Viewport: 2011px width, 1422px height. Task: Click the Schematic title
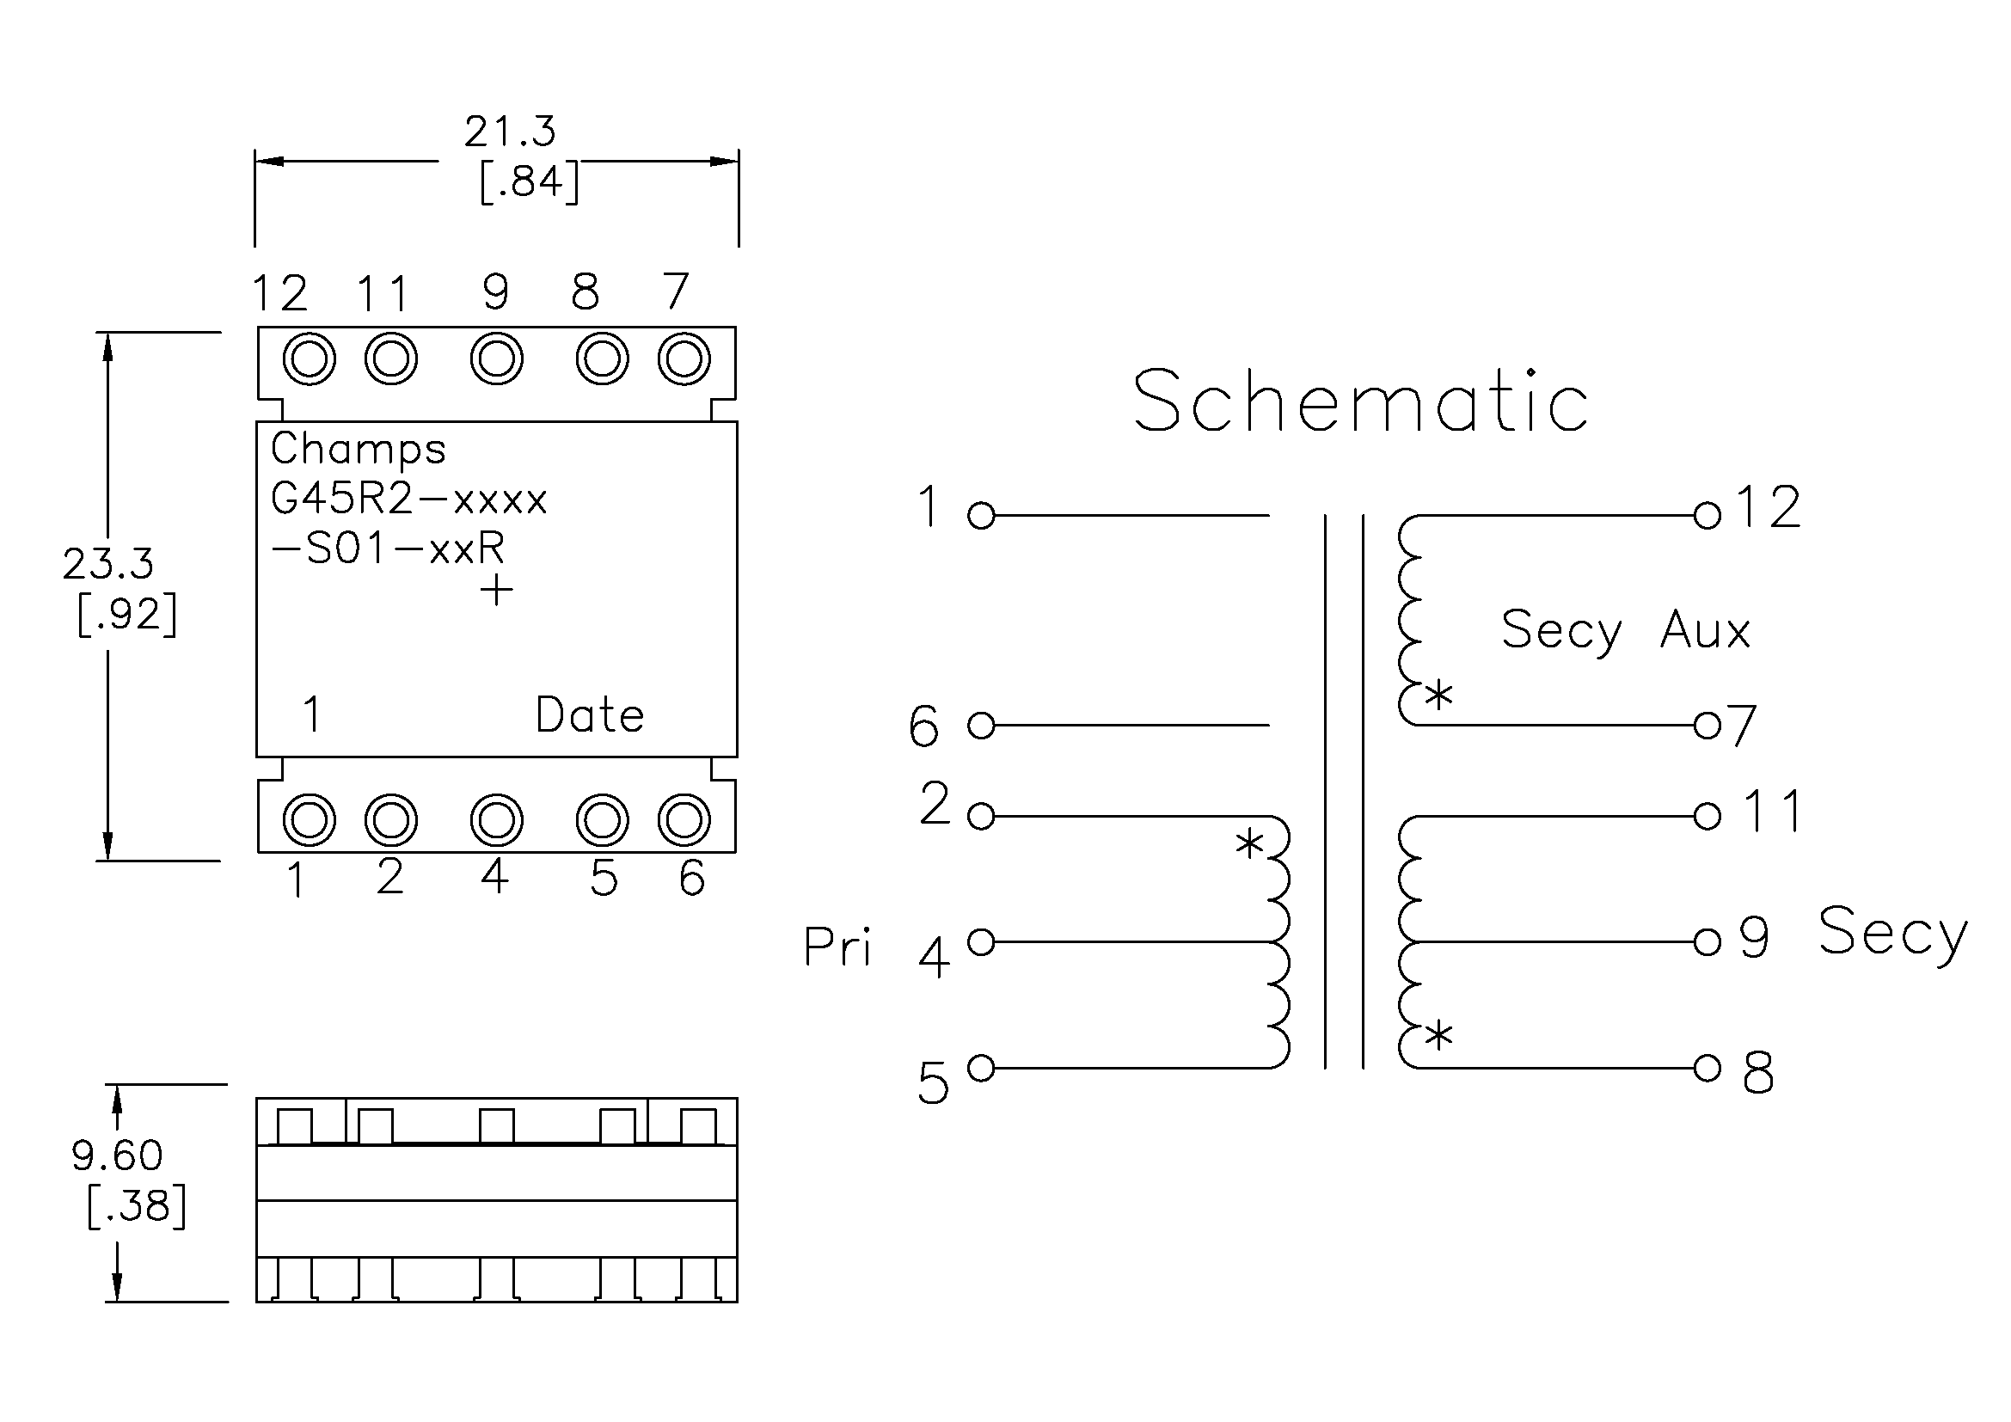click(x=1360, y=401)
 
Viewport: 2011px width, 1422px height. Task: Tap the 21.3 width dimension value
click(x=510, y=132)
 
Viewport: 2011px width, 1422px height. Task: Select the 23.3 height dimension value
click(x=107, y=564)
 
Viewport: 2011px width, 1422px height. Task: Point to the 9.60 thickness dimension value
click(x=118, y=1155)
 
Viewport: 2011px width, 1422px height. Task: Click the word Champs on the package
click(x=359, y=450)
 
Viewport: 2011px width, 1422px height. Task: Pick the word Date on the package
click(x=590, y=715)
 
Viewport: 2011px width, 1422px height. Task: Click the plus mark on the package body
click(x=497, y=589)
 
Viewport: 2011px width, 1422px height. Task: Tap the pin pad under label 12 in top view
click(x=310, y=359)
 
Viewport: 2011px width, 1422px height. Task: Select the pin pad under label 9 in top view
click(x=497, y=359)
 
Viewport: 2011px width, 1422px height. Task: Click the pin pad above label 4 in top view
click(x=497, y=820)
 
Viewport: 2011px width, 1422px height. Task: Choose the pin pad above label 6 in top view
click(x=684, y=820)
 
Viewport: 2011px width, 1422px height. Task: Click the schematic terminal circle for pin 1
click(x=981, y=516)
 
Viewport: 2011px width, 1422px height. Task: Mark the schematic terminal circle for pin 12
click(x=1708, y=516)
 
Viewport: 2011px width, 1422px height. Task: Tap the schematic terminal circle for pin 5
click(x=981, y=1069)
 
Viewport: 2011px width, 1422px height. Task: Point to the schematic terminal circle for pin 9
click(x=1708, y=942)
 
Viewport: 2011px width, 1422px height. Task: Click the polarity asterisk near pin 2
click(x=1250, y=845)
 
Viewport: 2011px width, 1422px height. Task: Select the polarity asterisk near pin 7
click(x=1438, y=696)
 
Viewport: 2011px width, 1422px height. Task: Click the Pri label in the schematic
click(x=837, y=947)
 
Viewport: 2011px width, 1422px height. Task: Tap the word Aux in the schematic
click(x=1704, y=630)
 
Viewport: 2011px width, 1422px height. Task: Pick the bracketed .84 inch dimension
click(x=530, y=182)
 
